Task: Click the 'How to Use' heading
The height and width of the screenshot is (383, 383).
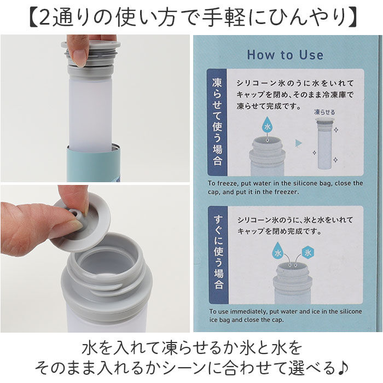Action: [x=285, y=55]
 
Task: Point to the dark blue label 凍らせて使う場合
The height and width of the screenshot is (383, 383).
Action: [x=217, y=121]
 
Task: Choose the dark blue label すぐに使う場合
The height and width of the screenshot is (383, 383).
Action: [x=217, y=253]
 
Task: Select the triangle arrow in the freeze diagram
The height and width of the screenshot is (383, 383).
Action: [x=298, y=143]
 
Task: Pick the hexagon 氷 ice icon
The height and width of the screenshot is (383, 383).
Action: [x=307, y=253]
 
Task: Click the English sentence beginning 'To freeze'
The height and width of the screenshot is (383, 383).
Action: [x=285, y=187]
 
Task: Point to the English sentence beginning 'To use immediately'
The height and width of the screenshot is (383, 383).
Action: [x=285, y=316]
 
